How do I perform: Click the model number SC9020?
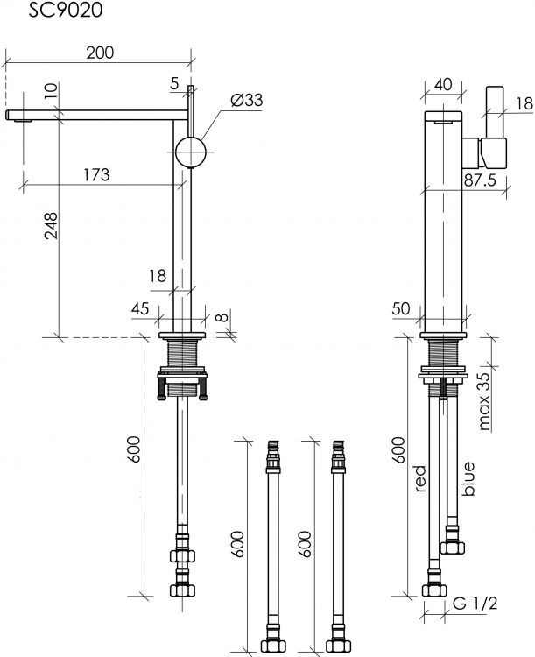(x=65, y=10)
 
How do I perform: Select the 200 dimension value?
(x=100, y=53)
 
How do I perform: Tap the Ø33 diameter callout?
(x=246, y=100)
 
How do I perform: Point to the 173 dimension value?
(x=96, y=174)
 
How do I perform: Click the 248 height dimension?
(x=51, y=225)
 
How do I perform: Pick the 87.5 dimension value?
(x=480, y=180)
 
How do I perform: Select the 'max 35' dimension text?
(x=484, y=401)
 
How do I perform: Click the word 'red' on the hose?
(x=420, y=478)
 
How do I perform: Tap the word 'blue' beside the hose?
(x=468, y=479)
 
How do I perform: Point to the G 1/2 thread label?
(x=475, y=604)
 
